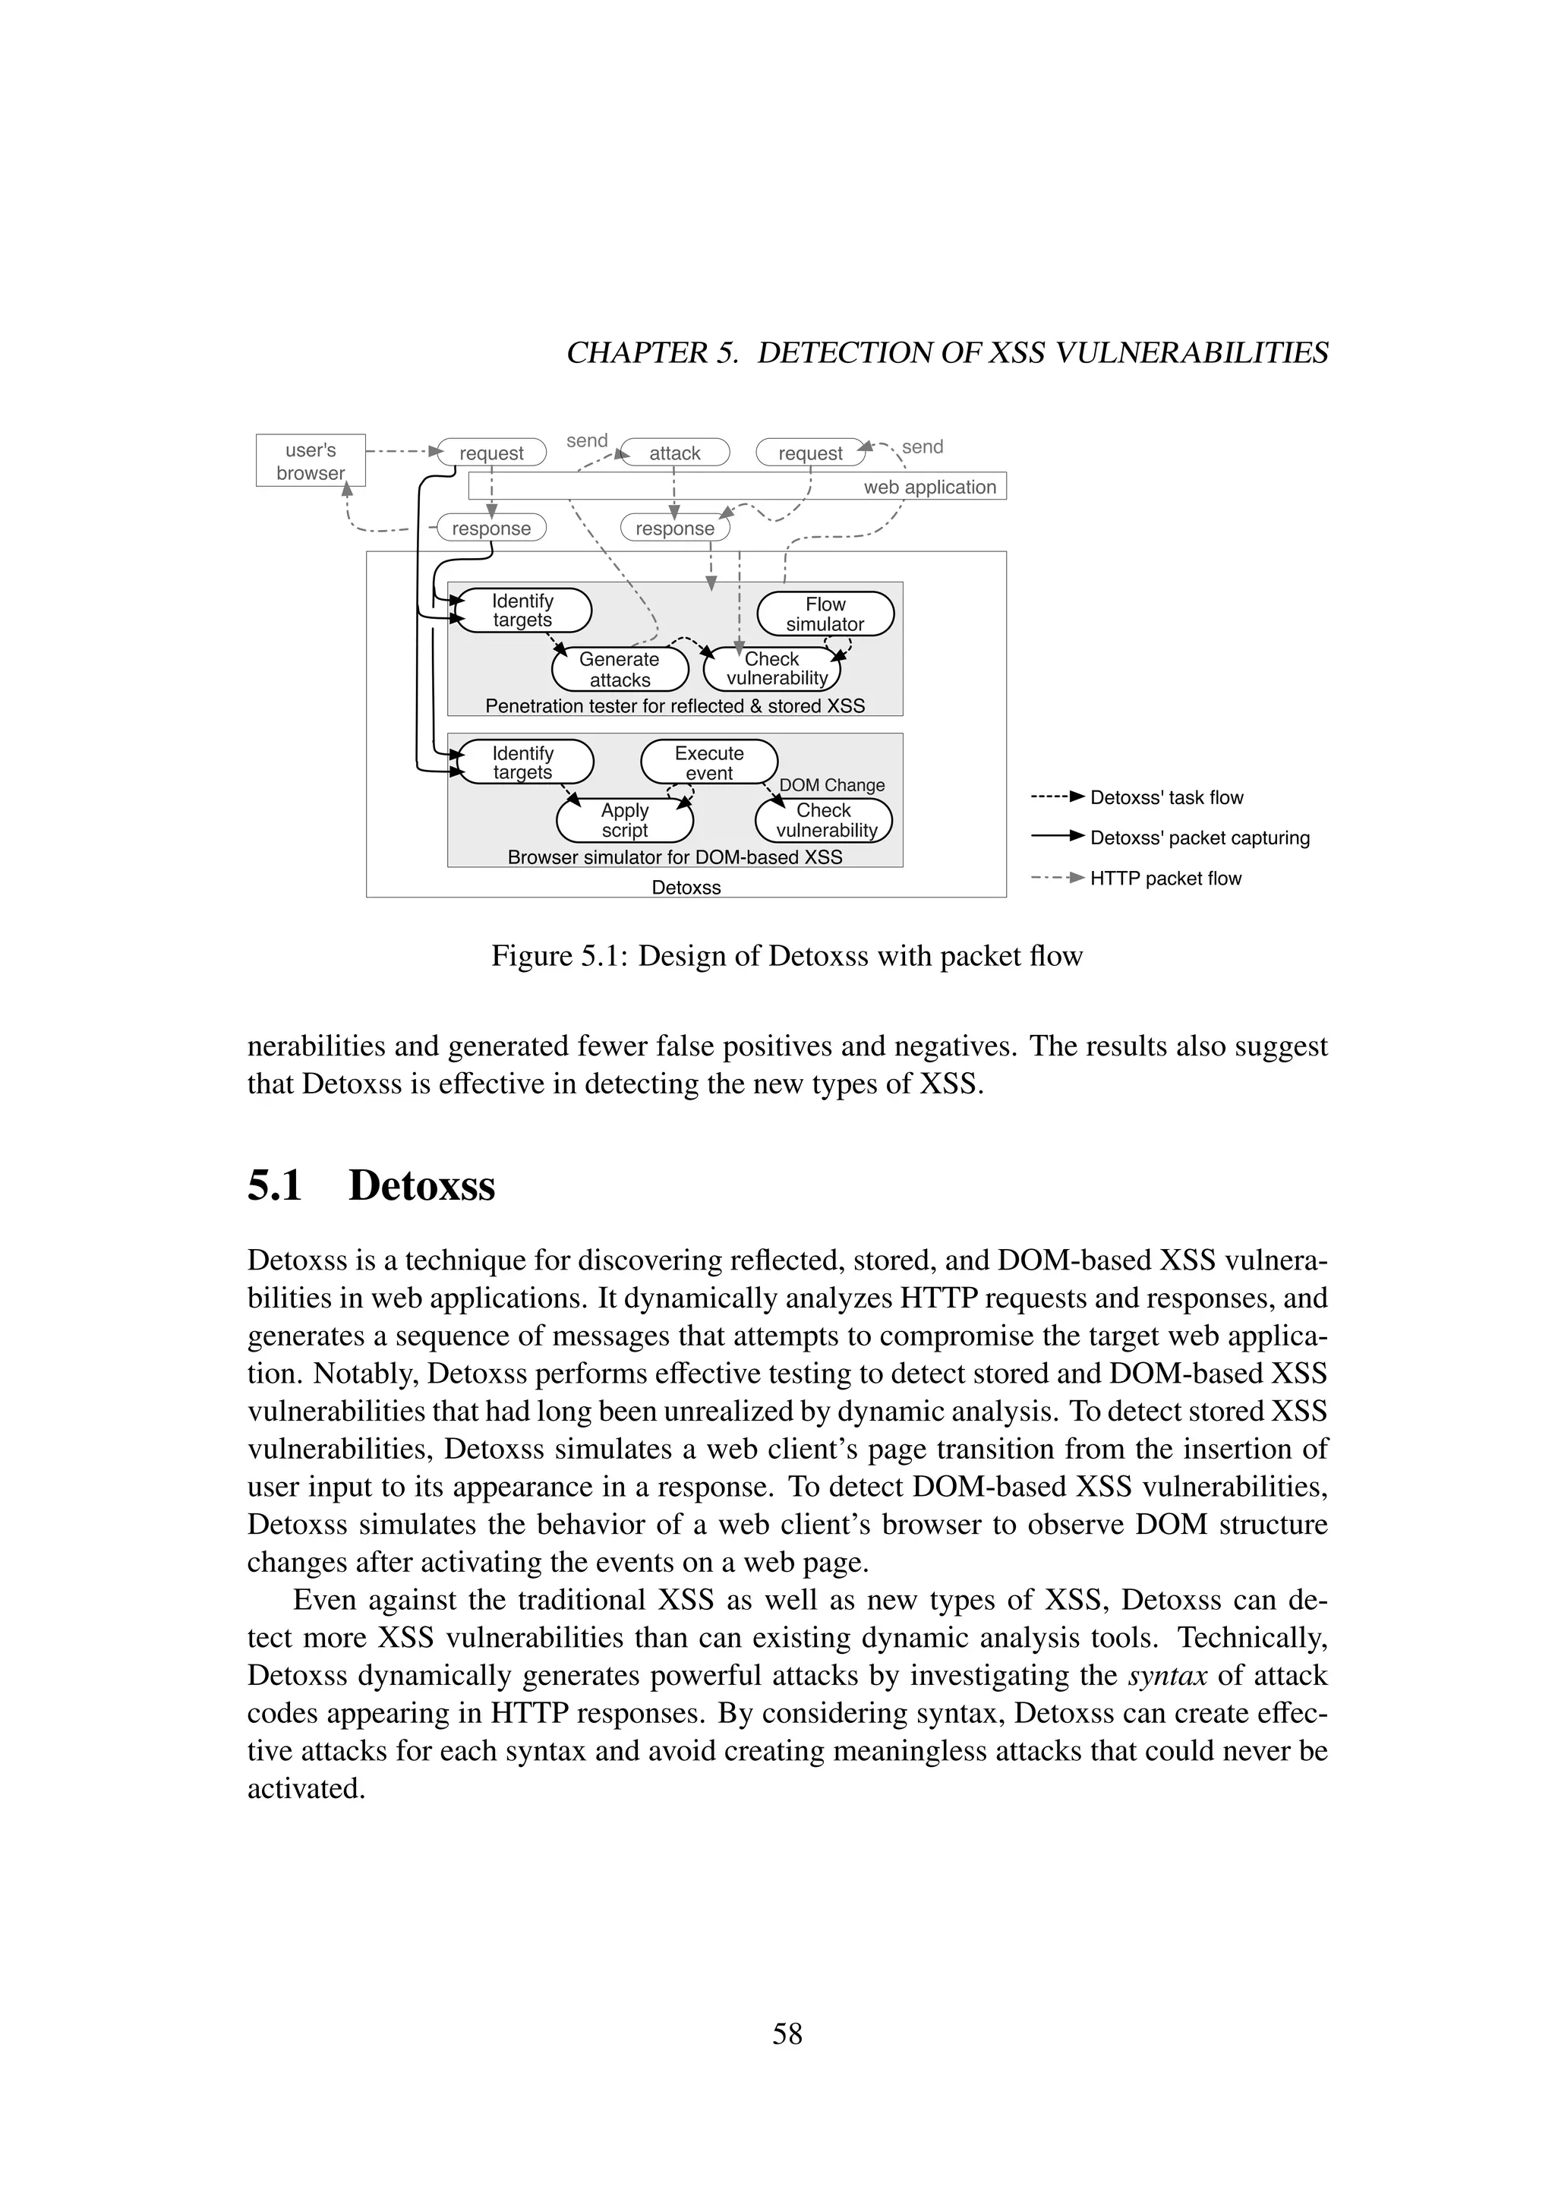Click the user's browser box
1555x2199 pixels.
(311, 461)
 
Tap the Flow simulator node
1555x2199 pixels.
(825, 614)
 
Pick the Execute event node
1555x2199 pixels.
(708, 762)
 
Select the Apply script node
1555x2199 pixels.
(624, 821)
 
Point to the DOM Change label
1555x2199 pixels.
(831, 785)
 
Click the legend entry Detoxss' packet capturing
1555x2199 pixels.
(1199, 838)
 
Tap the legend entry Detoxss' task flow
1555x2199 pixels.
(1166, 798)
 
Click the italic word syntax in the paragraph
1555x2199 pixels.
(1167, 1675)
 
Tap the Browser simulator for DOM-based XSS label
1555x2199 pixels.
(674, 857)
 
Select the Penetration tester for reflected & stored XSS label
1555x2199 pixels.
(674, 706)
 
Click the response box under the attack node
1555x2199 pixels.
(675, 528)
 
